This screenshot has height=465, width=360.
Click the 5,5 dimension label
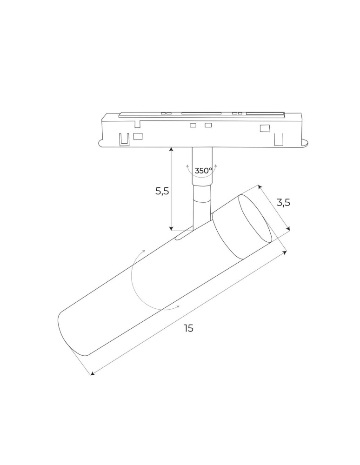[162, 191]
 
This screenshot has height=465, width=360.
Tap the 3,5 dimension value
[283, 202]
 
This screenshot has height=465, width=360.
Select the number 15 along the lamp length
[188, 328]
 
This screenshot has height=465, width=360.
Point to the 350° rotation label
[203, 171]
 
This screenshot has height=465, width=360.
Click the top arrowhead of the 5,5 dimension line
[172, 150]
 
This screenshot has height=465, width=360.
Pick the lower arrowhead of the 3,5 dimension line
[288, 228]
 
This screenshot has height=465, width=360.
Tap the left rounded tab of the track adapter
[102, 142]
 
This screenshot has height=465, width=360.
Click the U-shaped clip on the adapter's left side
[124, 138]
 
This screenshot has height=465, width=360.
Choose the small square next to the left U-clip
[138, 136]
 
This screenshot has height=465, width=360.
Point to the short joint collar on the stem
[203, 200]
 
